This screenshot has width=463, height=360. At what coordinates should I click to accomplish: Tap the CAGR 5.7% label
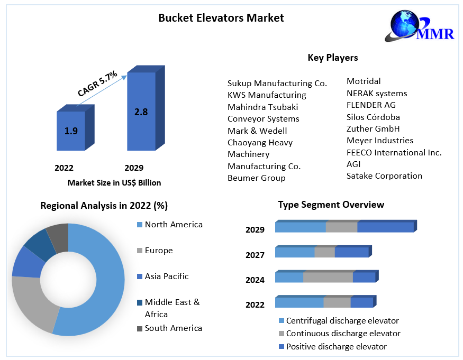pyautogui.click(x=97, y=84)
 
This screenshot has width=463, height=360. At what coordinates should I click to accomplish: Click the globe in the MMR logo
pyautogui.click(x=404, y=24)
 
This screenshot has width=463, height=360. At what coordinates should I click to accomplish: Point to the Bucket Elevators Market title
pyautogui.click(x=221, y=18)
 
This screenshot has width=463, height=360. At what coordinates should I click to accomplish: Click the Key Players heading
pyautogui.click(x=333, y=58)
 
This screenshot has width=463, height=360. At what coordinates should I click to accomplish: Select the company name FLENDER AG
pyautogui.click(x=371, y=105)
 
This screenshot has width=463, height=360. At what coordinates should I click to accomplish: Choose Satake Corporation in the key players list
pyautogui.click(x=384, y=176)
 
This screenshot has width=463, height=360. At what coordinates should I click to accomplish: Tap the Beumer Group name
pyautogui.click(x=256, y=178)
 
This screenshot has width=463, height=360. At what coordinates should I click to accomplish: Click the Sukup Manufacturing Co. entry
pyautogui.click(x=277, y=83)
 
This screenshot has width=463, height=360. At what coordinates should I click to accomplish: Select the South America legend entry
pyautogui.click(x=169, y=328)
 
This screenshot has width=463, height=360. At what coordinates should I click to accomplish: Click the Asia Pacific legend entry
pyautogui.click(x=162, y=276)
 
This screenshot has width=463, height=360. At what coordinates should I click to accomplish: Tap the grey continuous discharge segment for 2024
pyautogui.click(x=328, y=276)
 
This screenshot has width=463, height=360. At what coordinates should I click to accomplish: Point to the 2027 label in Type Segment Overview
pyautogui.click(x=255, y=255)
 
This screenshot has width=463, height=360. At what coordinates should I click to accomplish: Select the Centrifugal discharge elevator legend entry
pyautogui.click(x=339, y=321)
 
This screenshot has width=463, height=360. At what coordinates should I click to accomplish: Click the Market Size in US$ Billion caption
pyautogui.click(x=114, y=183)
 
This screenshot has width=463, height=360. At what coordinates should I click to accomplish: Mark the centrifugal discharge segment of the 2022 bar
pyautogui.click(x=299, y=301)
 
